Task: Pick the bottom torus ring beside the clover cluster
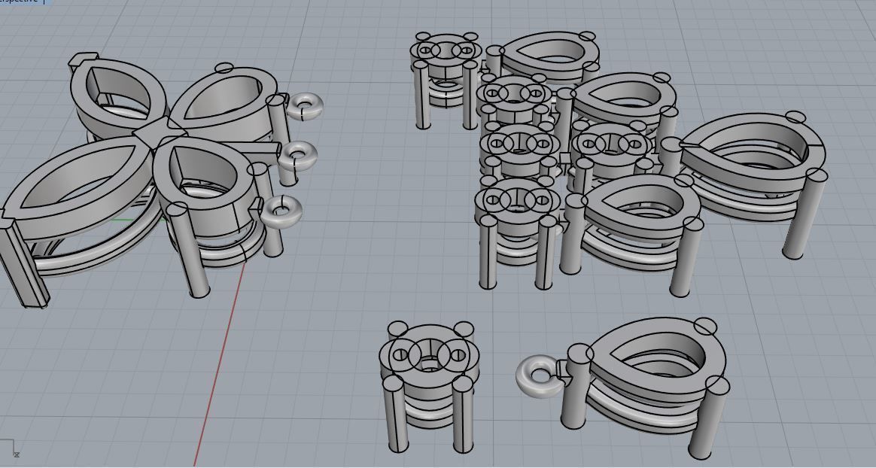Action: coord(281,209)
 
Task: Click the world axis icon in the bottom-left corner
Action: coord(9,448)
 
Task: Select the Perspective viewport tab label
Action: coord(19,2)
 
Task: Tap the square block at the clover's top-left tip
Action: coord(83,60)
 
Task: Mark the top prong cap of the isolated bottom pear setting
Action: coord(705,326)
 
